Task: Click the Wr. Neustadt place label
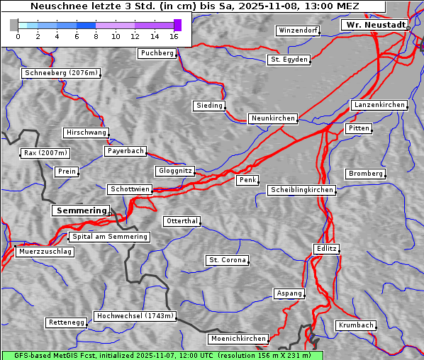pos(374,25)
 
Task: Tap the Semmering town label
pos(81,210)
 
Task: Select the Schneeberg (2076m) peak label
pos(61,73)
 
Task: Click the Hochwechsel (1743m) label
pos(135,316)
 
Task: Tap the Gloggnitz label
pos(174,171)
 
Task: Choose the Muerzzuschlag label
pos(45,252)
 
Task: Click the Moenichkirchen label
pos(238,339)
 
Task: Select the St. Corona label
pos(228,260)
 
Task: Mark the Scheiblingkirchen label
pos(301,190)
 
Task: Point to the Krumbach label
pos(355,325)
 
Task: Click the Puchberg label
pos(157,53)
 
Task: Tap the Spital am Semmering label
pos(109,237)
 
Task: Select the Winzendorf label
pos(298,30)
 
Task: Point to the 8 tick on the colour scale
pos(96,36)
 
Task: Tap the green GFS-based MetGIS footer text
pos(162,355)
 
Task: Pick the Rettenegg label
pos(67,322)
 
